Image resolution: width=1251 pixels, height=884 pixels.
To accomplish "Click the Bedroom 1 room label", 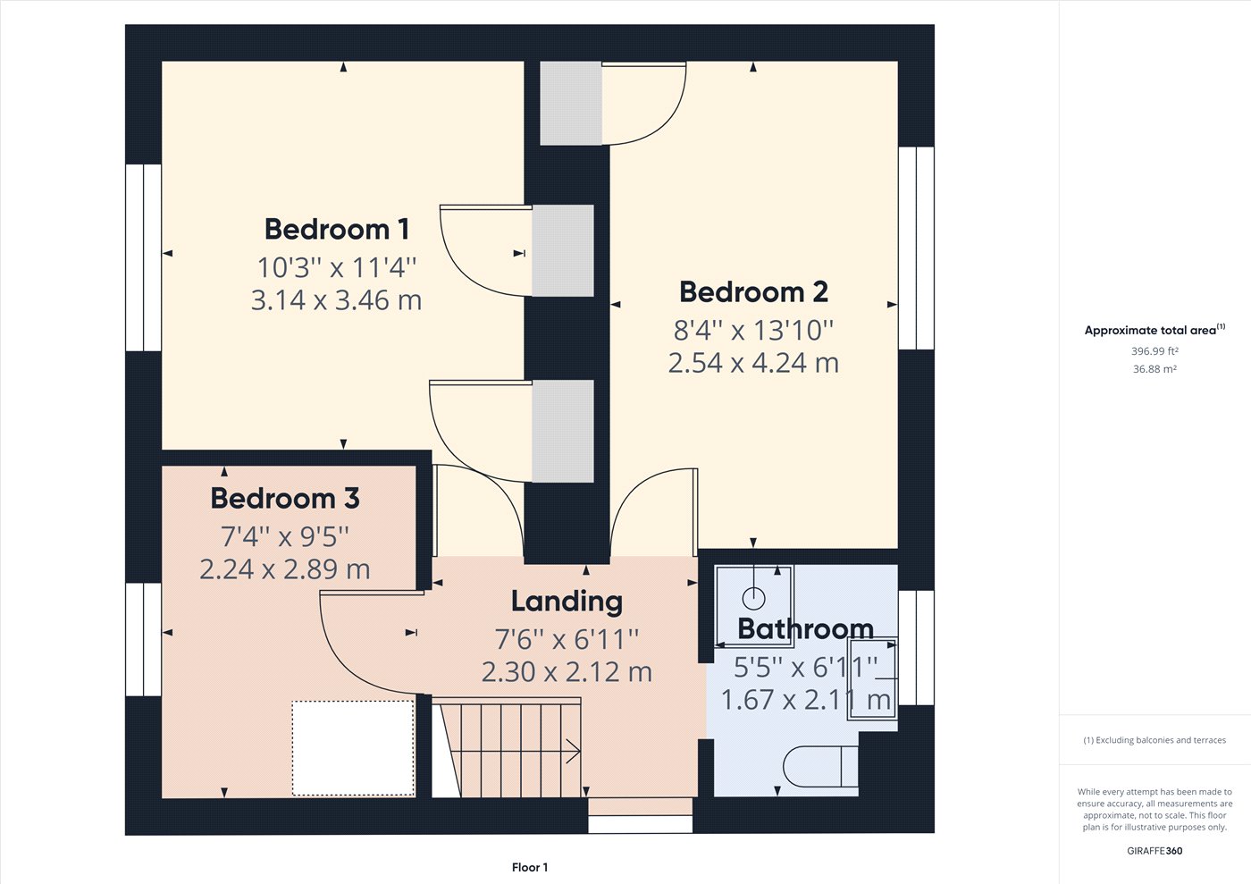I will click(337, 230).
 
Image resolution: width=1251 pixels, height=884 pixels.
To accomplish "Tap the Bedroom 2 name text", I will click(753, 292).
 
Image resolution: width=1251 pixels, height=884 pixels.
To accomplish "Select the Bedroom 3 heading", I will click(285, 498).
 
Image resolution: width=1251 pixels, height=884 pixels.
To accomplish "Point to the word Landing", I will click(567, 602).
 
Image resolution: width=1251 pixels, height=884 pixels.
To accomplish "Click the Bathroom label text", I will click(805, 629).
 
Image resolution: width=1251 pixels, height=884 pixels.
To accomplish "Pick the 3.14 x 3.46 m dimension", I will click(336, 300).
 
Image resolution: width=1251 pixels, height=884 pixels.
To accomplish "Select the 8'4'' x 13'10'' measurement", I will click(753, 331).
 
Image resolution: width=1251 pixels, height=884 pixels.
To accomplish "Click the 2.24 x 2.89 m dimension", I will click(285, 569).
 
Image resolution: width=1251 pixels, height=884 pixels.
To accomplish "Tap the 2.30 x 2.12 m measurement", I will click(567, 672).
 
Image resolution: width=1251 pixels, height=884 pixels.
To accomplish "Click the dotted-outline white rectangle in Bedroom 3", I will click(353, 747).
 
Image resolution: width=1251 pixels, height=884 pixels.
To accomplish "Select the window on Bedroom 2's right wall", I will click(916, 248).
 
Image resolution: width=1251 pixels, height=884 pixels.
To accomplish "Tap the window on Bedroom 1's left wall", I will click(143, 257).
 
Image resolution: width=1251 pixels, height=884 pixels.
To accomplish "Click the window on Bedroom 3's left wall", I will click(143, 639).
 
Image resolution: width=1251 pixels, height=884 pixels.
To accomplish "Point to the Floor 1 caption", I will click(530, 867).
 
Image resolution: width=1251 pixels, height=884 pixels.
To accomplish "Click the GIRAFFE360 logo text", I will click(1154, 851).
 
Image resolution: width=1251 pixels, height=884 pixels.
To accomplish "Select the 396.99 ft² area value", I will click(1154, 351).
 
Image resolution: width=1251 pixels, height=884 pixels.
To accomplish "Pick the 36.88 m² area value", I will click(1154, 369).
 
